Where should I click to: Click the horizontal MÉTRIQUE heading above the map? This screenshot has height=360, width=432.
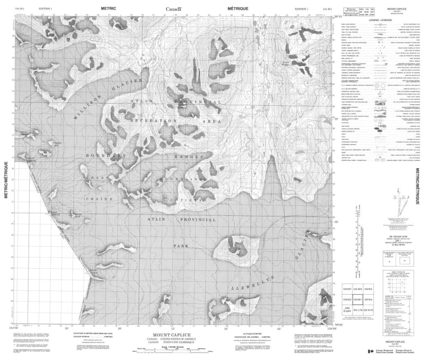238,9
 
